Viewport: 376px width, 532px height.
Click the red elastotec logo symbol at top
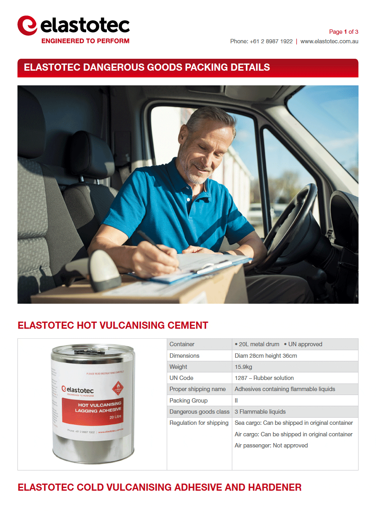click(x=27, y=25)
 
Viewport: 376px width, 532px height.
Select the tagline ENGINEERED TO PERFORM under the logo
click(x=85, y=41)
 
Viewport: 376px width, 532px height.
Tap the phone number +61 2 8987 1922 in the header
click(x=271, y=41)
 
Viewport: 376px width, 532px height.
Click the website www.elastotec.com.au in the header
click(x=329, y=41)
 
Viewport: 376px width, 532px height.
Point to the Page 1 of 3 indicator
click(x=343, y=32)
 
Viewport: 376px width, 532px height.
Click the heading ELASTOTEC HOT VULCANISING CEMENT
click(x=113, y=326)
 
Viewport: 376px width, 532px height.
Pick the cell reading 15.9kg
click(x=243, y=367)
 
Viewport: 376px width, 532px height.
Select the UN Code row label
click(x=181, y=378)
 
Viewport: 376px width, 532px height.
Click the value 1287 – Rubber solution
click(x=264, y=378)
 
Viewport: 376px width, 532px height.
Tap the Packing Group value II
click(x=236, y=401)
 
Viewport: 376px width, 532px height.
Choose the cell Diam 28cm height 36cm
click(x=266, y=356)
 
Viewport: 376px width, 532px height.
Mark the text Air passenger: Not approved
click(x=271, y=445)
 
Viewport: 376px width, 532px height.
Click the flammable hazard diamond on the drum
click(x=118, y=388)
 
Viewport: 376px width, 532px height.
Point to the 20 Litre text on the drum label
click(x=116, y=417)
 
